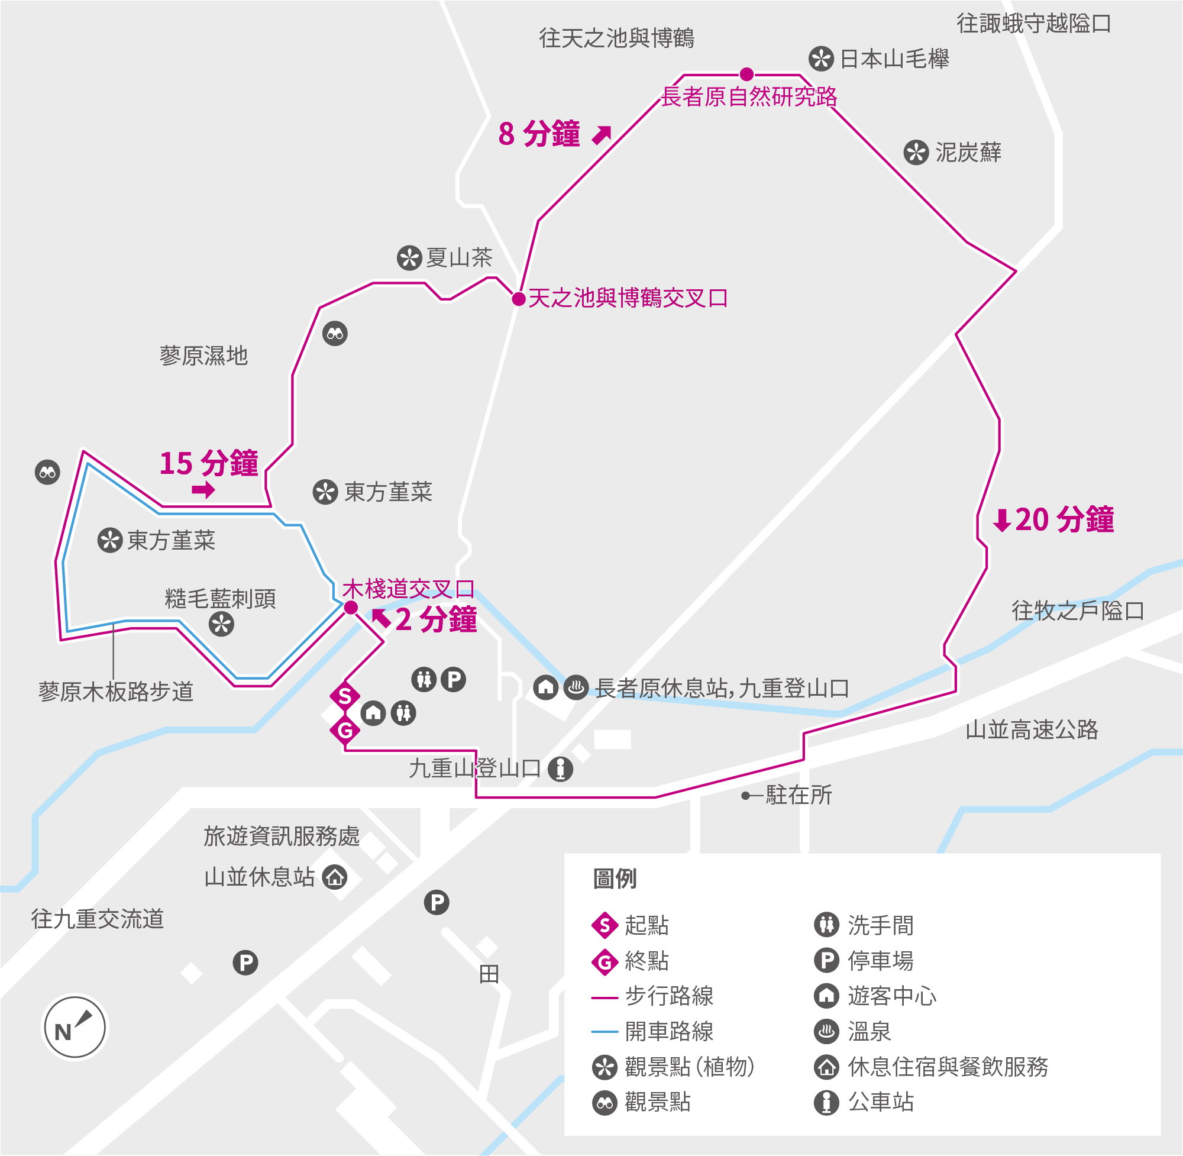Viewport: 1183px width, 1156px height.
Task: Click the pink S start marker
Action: (345, 696)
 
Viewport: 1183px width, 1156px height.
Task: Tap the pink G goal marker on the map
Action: (345, 730)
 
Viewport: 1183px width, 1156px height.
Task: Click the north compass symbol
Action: (75, 1027)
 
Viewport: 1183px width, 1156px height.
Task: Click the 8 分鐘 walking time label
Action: (539, 134)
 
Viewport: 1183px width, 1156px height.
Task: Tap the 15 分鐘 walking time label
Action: (208, 463)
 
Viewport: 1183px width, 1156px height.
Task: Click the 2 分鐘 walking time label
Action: (436, 620)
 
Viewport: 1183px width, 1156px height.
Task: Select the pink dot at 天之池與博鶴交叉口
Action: (518, 299)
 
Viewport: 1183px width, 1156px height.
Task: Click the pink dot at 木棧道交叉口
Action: (351, 608)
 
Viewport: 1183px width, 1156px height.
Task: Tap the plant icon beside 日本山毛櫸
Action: (820, 59)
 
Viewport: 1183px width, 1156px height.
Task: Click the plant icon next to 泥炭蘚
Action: (916, 153)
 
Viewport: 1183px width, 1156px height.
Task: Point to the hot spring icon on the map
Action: (576, 687)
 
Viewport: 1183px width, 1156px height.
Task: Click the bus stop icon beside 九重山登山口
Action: (560, 768)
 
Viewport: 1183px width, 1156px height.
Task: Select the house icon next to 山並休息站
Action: (334, 877)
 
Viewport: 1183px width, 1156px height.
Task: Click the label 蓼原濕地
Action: (204, 356)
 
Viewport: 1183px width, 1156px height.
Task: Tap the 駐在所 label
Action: (798, 795)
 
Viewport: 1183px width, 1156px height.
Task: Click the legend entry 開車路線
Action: (669, 1031)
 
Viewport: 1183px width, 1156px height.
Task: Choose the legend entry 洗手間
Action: (880, 925)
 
